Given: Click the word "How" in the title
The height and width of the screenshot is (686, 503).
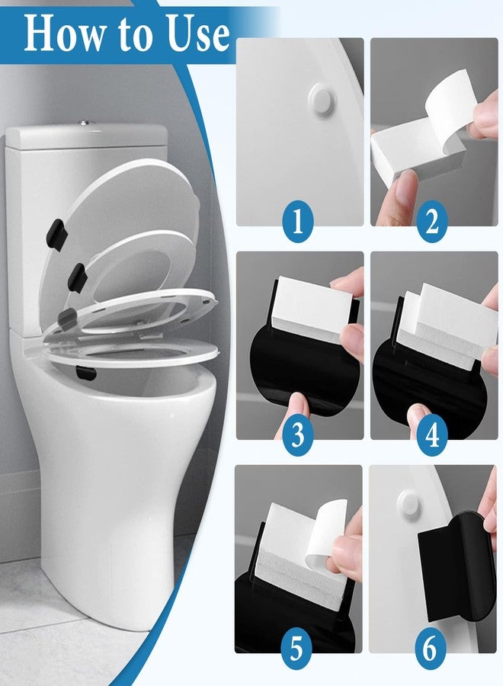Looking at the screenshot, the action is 60,34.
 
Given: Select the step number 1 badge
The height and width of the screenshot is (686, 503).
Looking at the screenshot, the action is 298,221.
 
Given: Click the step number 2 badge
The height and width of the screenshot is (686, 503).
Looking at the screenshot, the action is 432,221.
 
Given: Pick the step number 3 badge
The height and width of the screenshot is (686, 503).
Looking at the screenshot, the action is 298,434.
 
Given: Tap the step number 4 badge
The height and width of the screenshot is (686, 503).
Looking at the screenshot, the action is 432,434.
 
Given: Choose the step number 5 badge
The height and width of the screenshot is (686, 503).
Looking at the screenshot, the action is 296,648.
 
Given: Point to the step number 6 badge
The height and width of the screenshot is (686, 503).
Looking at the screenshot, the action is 431,648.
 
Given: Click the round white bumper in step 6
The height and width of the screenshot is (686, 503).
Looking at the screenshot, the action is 410,503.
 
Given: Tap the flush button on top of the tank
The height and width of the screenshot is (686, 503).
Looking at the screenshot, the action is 86,123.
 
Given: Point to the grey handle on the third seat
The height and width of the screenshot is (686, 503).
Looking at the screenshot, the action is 67,319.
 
